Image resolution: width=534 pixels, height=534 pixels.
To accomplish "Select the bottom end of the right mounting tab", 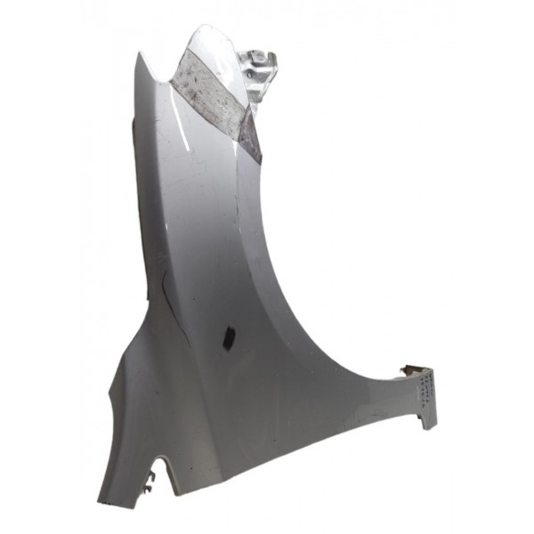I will tap(429, 422).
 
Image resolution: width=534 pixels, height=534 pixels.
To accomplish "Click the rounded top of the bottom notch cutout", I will tap(161, 462).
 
